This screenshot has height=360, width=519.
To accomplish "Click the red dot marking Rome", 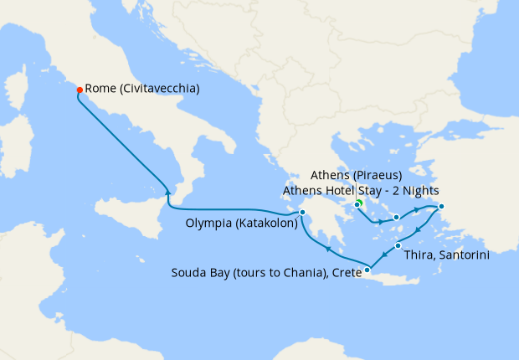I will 80,90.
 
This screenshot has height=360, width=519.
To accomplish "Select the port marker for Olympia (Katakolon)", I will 302,224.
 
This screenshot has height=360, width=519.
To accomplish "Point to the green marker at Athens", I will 357,204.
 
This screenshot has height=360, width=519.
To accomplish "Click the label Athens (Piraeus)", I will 356,175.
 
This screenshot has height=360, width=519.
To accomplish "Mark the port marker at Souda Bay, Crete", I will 367,270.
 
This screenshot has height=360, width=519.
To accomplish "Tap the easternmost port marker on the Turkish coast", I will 441,207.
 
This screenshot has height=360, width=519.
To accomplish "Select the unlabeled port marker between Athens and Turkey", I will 395,219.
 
